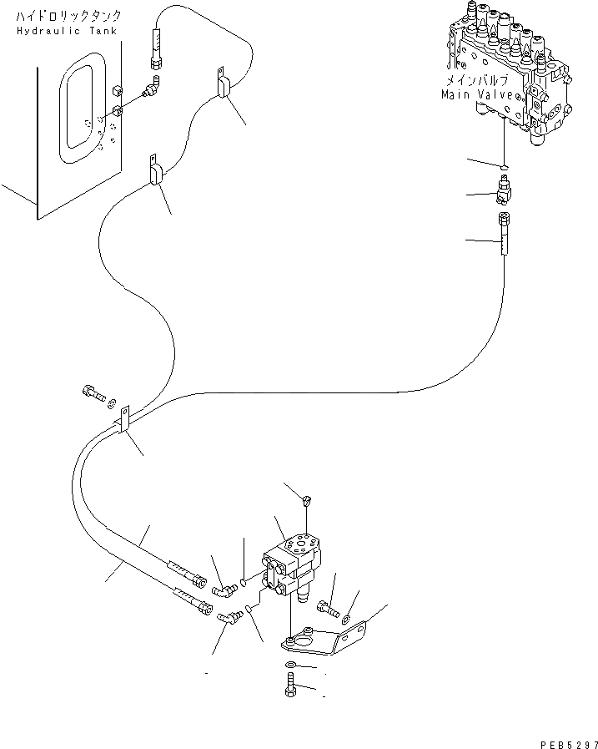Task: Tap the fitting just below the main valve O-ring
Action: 504,189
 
